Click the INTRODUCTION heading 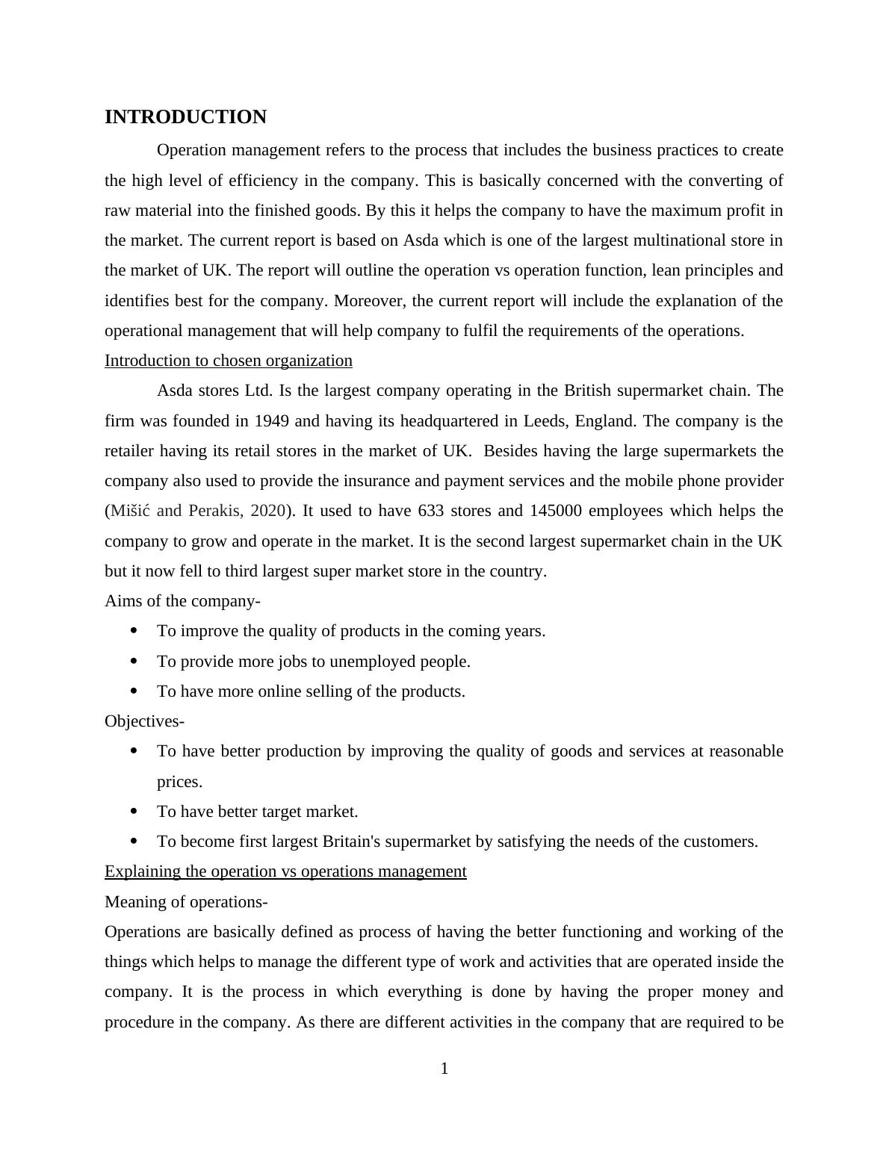(185, 117)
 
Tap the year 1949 (272, 421)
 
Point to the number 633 (431, 511)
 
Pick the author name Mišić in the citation (131, 511)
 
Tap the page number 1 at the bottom (444, 1069)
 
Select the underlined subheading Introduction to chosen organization (228, 361)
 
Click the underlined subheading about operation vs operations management (285, 871)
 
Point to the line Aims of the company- (182, 601)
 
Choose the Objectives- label (144, 721)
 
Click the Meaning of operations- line (186, 902)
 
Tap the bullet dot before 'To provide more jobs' (134, 661)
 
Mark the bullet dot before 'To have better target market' (134, 811)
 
